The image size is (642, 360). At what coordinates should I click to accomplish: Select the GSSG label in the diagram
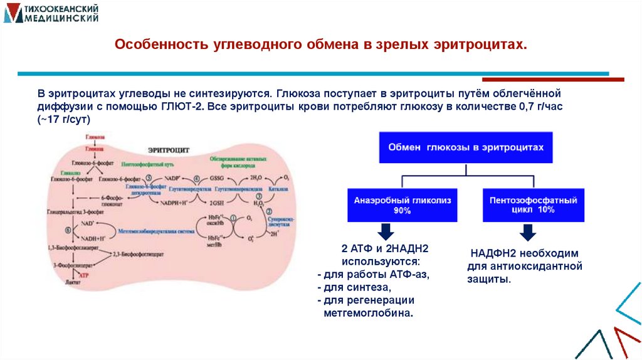point(216,178)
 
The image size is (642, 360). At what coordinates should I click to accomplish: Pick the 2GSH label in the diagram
point(216,203)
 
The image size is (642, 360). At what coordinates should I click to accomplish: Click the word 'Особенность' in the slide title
point(151,46)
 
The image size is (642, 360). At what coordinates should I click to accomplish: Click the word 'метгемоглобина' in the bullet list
point(369,312)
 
